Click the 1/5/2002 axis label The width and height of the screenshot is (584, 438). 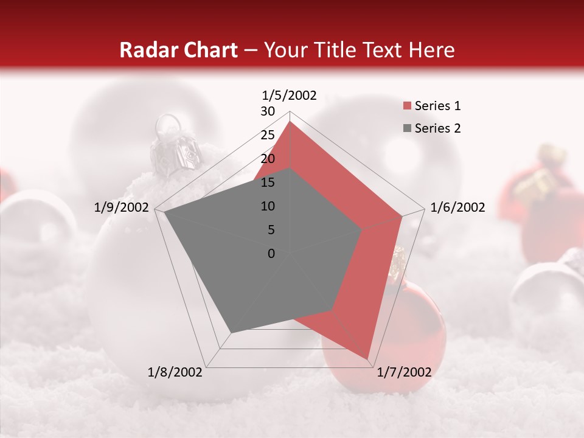(289, 95)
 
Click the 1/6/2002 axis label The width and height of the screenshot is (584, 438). (457, 207)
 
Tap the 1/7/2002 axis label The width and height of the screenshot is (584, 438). (403, 372)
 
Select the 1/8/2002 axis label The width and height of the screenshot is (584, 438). (175, 372)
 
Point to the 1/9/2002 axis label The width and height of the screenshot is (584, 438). (121, 207)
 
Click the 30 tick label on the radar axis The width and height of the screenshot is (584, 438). (268, 111)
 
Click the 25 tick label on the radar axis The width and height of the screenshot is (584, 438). (268, 135)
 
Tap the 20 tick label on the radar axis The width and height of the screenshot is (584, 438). (268, 159)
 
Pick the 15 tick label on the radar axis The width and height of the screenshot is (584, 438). (268, 182)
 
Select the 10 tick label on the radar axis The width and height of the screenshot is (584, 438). (268, 206)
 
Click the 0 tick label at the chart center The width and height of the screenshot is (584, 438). (271, 254)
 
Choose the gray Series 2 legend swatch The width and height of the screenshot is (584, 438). (407, 128)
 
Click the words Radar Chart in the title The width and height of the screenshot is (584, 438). (178, 50)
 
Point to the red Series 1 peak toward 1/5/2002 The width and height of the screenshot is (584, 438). (290, 122)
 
